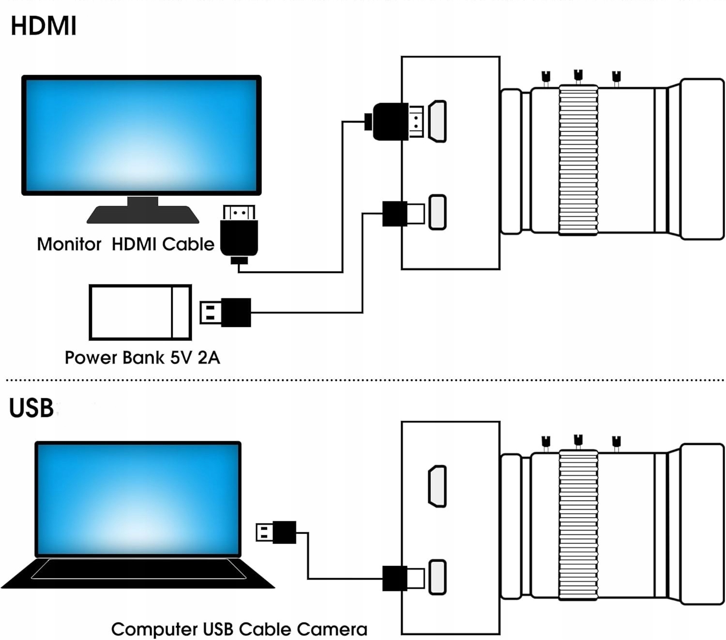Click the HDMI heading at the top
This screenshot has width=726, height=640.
click(44, 26)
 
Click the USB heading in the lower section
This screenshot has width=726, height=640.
click(31, 408)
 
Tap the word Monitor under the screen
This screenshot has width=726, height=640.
click(69, 244)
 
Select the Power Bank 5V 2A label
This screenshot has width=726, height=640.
click(142, 358)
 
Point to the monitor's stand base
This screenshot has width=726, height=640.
click(143, 214)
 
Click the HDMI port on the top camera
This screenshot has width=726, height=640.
click(438, 122)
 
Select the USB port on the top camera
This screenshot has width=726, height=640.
click(438, 212)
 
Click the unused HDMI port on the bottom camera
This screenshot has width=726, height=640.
click(438, 487)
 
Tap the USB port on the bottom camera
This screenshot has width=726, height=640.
click(438, 577)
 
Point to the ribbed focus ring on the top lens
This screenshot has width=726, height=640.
click(578, 160)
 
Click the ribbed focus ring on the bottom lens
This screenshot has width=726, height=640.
click(578, 525)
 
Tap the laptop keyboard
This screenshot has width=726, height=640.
click(138, 569)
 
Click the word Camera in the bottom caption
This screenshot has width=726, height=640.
click(332, 629)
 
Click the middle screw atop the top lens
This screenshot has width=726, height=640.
click(578, 76)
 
